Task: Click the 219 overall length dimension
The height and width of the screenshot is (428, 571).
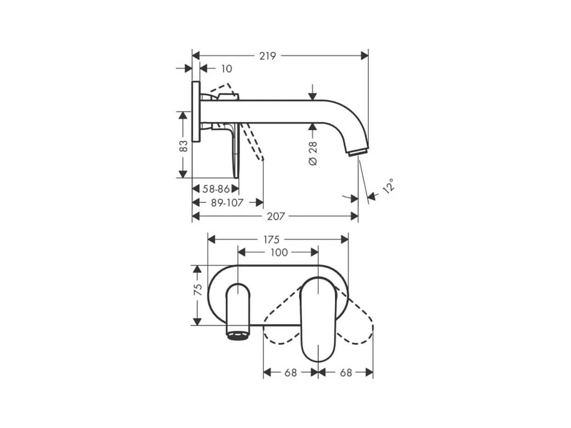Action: [x=268, y=56]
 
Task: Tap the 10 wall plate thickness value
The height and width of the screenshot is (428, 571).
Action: [x=226, y=69]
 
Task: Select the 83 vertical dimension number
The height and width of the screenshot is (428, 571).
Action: [x=183, y=146]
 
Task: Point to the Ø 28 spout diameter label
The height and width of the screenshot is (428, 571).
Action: [x=313, y=154]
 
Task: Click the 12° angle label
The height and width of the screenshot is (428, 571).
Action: [x=388, y=186]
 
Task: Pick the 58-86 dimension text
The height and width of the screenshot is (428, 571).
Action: [x=216, y=189]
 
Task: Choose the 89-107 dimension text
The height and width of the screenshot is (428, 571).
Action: [x=227, y=203]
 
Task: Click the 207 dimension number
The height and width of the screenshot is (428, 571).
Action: [x=276, y=217]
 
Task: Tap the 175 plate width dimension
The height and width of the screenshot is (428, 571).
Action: [x=271, y=240]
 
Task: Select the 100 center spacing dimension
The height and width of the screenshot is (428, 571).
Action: [x=279, y=252]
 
